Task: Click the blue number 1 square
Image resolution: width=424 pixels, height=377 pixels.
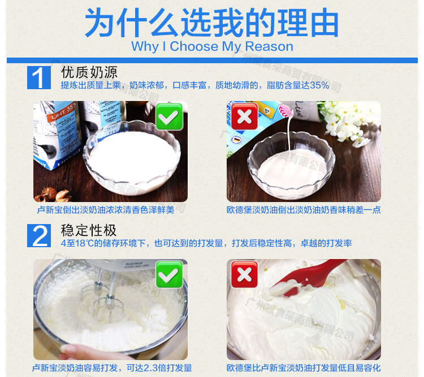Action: point(39,77)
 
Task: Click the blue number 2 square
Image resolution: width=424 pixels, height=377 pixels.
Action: point(39,235)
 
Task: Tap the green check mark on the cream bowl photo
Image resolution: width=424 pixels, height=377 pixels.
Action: point(169,117)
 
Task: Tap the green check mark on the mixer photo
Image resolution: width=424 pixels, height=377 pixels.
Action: point(169,274)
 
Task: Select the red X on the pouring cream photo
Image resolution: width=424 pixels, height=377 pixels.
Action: point(244,117)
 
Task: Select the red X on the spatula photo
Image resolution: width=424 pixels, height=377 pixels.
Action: point(244,274)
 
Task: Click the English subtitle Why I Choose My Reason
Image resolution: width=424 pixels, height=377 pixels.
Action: point(212,46)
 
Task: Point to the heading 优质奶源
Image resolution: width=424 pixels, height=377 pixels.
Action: point(89,72)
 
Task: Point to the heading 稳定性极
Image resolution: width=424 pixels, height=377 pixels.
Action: point(89,230)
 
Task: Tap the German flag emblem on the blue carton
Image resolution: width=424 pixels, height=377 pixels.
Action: point(236,140)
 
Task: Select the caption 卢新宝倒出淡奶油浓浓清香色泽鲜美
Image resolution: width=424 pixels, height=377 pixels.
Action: point(106,210)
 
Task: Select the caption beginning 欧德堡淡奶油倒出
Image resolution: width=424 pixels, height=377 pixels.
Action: point(304,210)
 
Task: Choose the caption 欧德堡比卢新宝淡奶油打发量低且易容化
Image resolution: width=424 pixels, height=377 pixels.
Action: point(304,367)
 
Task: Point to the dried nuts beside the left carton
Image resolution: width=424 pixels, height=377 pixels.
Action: point(53,195)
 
